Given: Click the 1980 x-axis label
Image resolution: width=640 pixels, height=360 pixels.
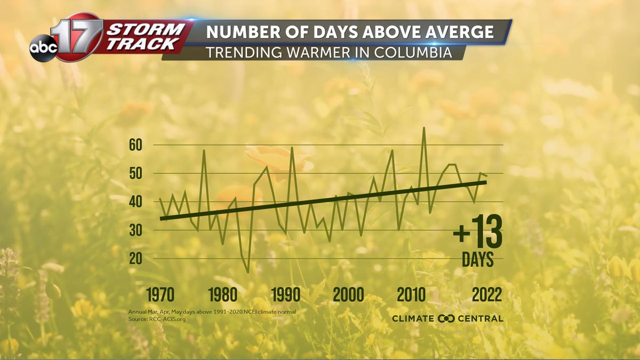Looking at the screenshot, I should [x=223, y=294].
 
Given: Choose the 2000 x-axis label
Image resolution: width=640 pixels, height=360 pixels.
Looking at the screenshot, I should [x=349, y=294].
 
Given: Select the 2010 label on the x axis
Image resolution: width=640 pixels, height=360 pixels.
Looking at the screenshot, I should [x=411, y=294].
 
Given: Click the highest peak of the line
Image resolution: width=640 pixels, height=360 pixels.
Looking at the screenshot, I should [x=424, y=128].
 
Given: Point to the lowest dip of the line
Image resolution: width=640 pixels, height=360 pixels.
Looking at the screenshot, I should [x=248, y=273].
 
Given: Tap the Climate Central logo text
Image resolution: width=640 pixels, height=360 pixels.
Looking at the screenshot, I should [x=447, y=318].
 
